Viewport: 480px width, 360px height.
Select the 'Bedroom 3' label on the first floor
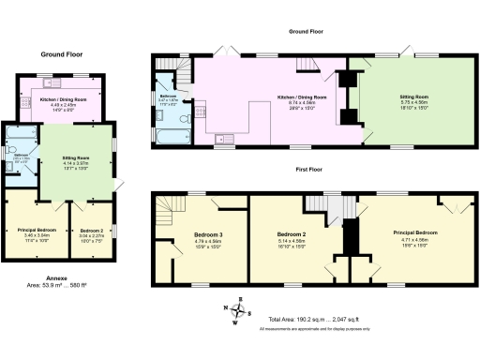click(208, 233)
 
